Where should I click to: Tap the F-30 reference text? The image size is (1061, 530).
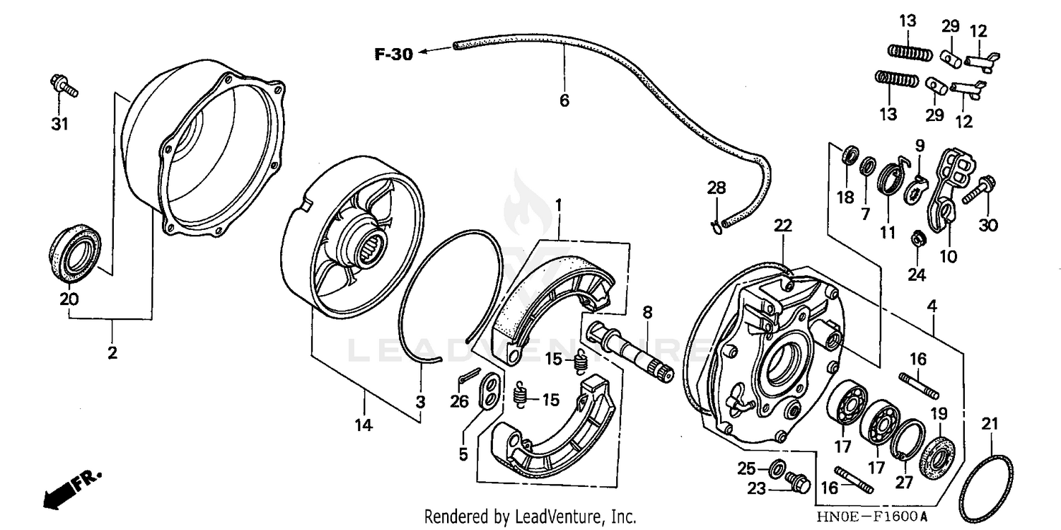coord(393,54)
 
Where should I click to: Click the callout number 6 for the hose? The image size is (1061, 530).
coord(564,101)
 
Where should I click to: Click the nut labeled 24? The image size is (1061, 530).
coord(916,238)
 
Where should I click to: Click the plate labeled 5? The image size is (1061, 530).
coord(488,393)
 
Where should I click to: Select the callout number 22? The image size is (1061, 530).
coord(782,226)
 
